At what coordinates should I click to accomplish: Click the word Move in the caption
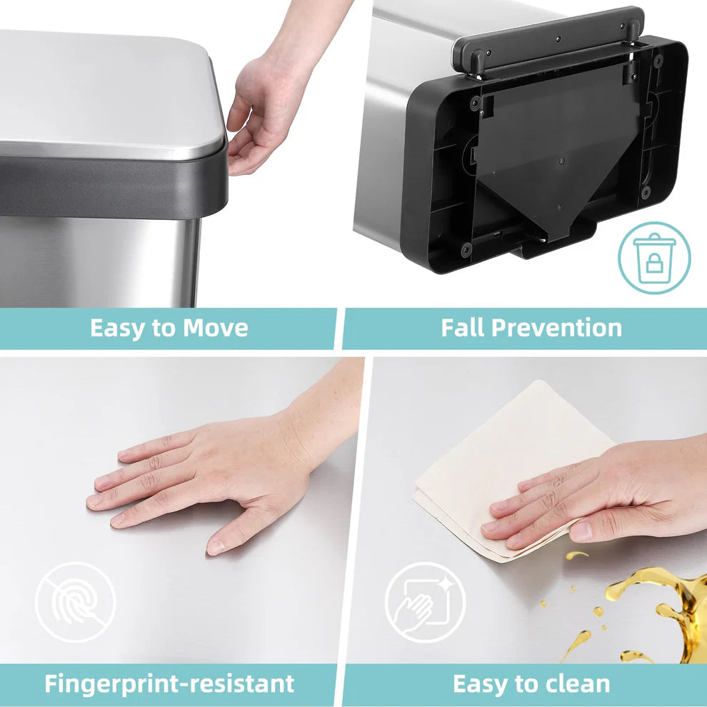click(x=216, y=329)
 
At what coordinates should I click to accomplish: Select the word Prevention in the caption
click(x=557, y=329)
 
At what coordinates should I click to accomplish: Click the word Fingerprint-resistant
click(x=169, y=683)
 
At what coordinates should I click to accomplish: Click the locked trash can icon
click(x=654, y=258)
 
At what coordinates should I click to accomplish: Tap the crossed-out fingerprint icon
click(x=75, y=602)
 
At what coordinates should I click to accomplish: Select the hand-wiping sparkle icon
click(x=425, y=602)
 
